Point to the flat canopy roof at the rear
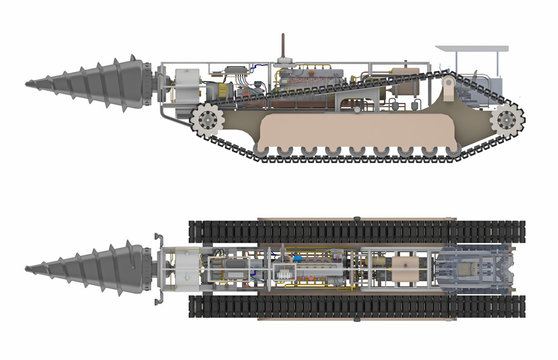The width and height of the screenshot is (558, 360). click(471, 51)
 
